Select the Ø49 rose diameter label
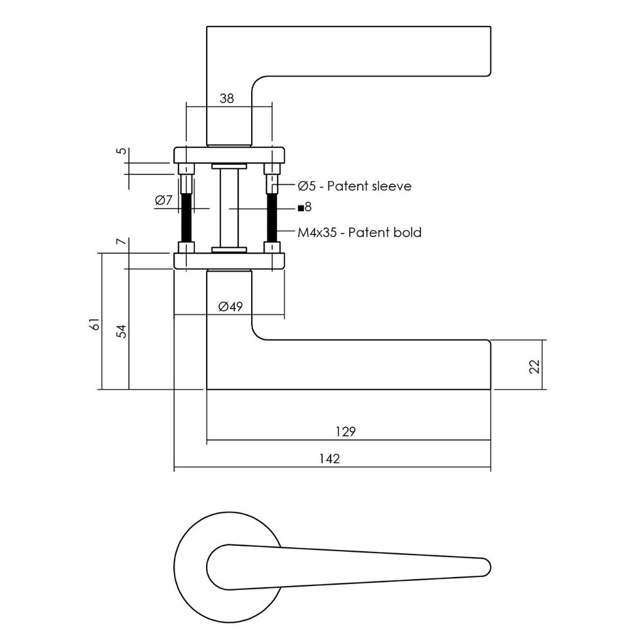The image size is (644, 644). pos(230,307)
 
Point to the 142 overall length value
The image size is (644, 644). pos(329,459)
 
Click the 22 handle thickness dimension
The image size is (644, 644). pos(534,365)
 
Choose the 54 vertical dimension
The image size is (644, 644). pos(120,331)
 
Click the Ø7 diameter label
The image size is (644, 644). pos(164,200)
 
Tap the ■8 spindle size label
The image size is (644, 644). pos(305,207)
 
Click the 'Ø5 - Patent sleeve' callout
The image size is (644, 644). pos(354,186)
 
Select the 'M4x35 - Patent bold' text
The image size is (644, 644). pos(359,232)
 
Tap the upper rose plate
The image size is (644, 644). pos(229,155)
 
